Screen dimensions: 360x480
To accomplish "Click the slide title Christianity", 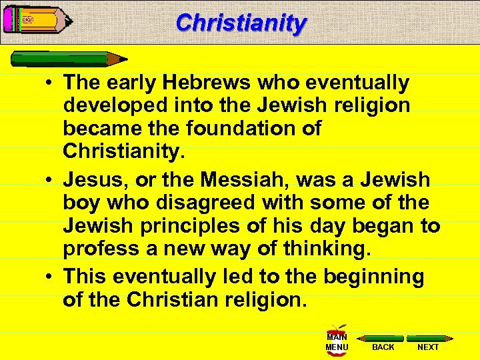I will coord(241,23).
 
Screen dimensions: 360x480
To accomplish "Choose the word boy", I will coord(79,203).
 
